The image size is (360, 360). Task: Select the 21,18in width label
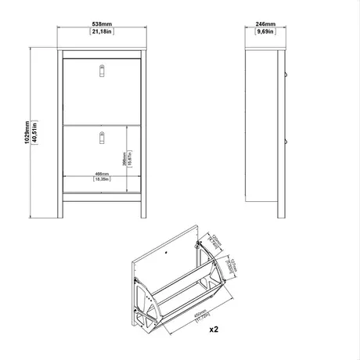tap(102, 33)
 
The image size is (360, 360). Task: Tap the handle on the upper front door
tap(102, 72)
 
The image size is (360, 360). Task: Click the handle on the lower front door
tap(102, 138)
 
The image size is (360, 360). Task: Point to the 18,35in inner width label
tap(101, 180)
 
